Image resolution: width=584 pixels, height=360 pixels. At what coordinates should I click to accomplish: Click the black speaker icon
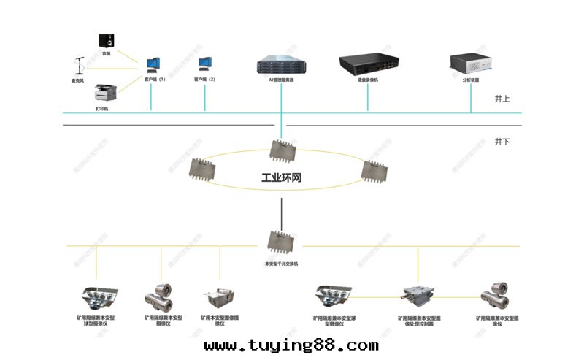coord(107,40)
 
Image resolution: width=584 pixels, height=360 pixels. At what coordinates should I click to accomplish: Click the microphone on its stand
coord(78,65)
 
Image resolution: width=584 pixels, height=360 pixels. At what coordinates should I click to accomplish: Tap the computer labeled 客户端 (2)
coord(206,65)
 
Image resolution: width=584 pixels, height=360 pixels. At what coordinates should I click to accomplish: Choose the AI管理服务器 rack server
coord(281,64)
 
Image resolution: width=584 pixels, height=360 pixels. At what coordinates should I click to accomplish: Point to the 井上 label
coord(502,99)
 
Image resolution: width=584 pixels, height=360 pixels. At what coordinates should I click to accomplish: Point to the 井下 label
coord(502,140)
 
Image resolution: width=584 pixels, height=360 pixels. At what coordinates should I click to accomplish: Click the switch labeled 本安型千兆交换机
coord(281,241)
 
